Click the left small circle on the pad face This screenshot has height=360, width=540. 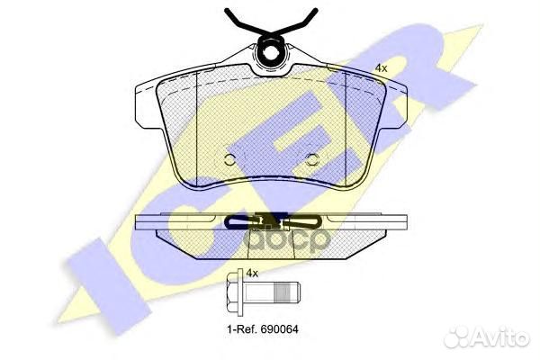click(229, 159)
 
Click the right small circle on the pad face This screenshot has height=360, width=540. click(312, 159)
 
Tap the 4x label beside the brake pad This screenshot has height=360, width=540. click(382, 68)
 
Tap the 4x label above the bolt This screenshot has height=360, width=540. click(252, 274)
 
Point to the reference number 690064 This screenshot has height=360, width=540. click(279, 329)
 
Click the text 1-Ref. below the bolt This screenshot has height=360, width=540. click(242, 329)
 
